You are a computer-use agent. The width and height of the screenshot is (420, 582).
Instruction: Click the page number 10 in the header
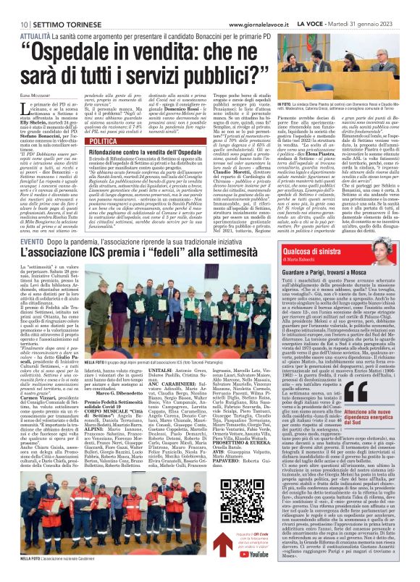click(x=14, y=5)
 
